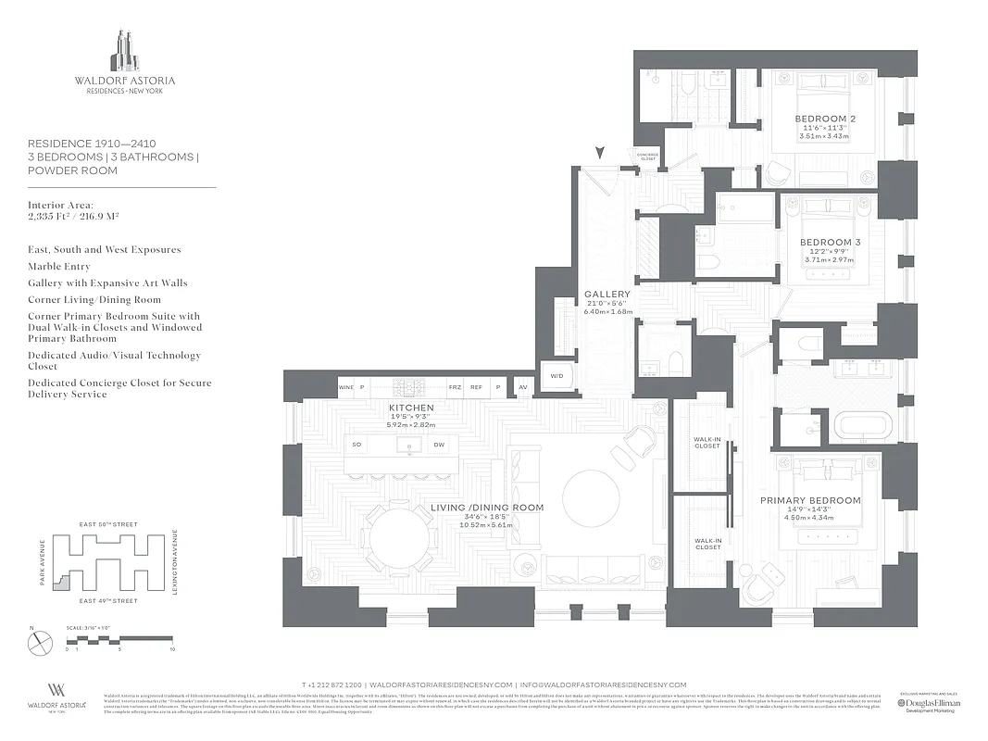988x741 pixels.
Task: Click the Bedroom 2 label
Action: [x=824, y=119]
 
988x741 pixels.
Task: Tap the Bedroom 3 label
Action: [x=830, y=243]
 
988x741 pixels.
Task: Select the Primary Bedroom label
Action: [x=810, y=500]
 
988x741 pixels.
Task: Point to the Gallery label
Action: [x=607, y=295]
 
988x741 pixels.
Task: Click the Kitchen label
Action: [x=411, y=408]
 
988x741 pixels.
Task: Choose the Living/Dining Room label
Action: [x=487, y=508]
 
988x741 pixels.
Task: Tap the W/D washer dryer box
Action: [x=557, y=376]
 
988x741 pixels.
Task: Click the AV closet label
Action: [x=523, y=387]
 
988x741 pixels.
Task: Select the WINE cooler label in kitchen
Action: [x=345, y=387]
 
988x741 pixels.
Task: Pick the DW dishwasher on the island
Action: [x=439, y=446]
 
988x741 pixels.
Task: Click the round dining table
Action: [x=400, y=537]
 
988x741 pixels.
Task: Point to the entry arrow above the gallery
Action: [x=602, y=152]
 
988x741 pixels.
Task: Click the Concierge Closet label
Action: [x=646, y=157]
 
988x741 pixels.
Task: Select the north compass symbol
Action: [x=41, y=643]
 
